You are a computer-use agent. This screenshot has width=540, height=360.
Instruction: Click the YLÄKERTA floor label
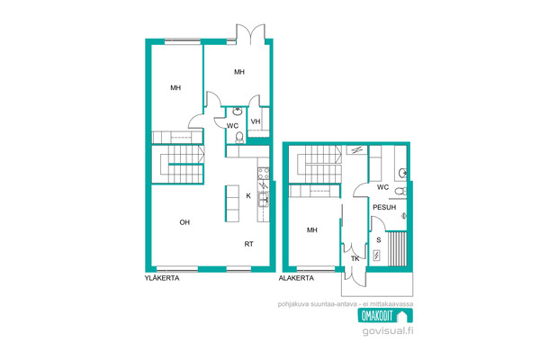[x=162, y=278]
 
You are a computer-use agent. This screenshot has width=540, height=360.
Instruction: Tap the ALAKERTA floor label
[x=296, y=278]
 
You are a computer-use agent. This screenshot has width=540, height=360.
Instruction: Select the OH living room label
[x=184, y=222]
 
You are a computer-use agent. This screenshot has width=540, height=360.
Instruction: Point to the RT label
[x=248, y=244]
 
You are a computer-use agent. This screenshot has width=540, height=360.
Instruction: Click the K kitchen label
[x=248, y=195]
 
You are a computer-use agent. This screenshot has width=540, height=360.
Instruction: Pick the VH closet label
[x=256, y=121]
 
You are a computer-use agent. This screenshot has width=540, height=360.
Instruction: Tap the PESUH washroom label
[x=384, y=207]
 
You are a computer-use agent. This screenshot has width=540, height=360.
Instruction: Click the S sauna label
[x=379, y=239]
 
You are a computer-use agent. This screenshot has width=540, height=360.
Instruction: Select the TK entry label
[x=355, y=258]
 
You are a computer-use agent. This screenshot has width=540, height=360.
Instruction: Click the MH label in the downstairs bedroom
[x=311, y=229]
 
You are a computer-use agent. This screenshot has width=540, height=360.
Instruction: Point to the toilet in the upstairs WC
[x=239, y=138]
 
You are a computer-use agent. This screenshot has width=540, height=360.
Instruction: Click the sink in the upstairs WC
[x=237, y=112]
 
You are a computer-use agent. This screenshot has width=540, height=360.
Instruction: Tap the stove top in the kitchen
[x=264, y=174]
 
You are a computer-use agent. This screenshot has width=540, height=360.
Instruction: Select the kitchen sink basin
[x=264, y=199]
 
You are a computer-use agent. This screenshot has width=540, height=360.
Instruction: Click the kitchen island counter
[x=232, y=203]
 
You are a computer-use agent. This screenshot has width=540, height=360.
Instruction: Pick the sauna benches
[x=397, y=248]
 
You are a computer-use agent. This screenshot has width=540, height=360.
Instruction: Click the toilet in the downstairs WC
[x=400, y=191]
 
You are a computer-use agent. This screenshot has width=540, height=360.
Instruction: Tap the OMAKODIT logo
[x=385, y=315]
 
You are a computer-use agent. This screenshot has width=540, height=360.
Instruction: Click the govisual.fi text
[x=388, y=331]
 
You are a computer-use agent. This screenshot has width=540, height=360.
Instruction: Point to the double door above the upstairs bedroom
[x=250, y=33]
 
